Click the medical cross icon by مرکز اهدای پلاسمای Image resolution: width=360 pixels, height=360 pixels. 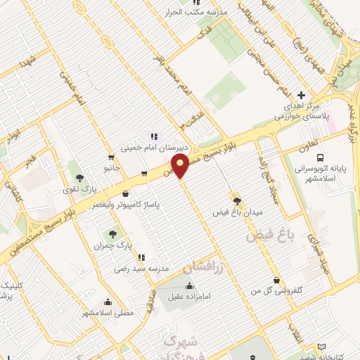click(302, 95)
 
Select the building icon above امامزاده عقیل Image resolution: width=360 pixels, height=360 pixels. click(188, 286)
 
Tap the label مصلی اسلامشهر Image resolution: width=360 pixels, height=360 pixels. click(108, 312)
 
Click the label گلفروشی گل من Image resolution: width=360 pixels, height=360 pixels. click(276, 290)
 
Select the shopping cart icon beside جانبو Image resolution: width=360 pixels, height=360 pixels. click(111, 157)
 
